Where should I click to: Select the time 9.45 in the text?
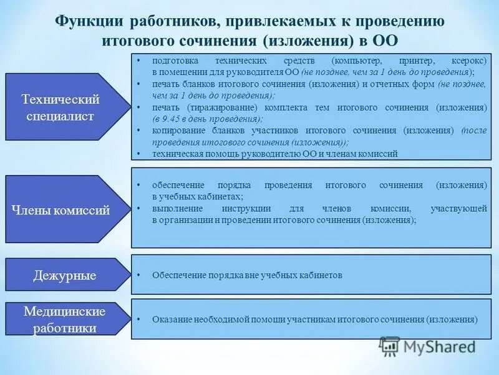pos(170,119)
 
